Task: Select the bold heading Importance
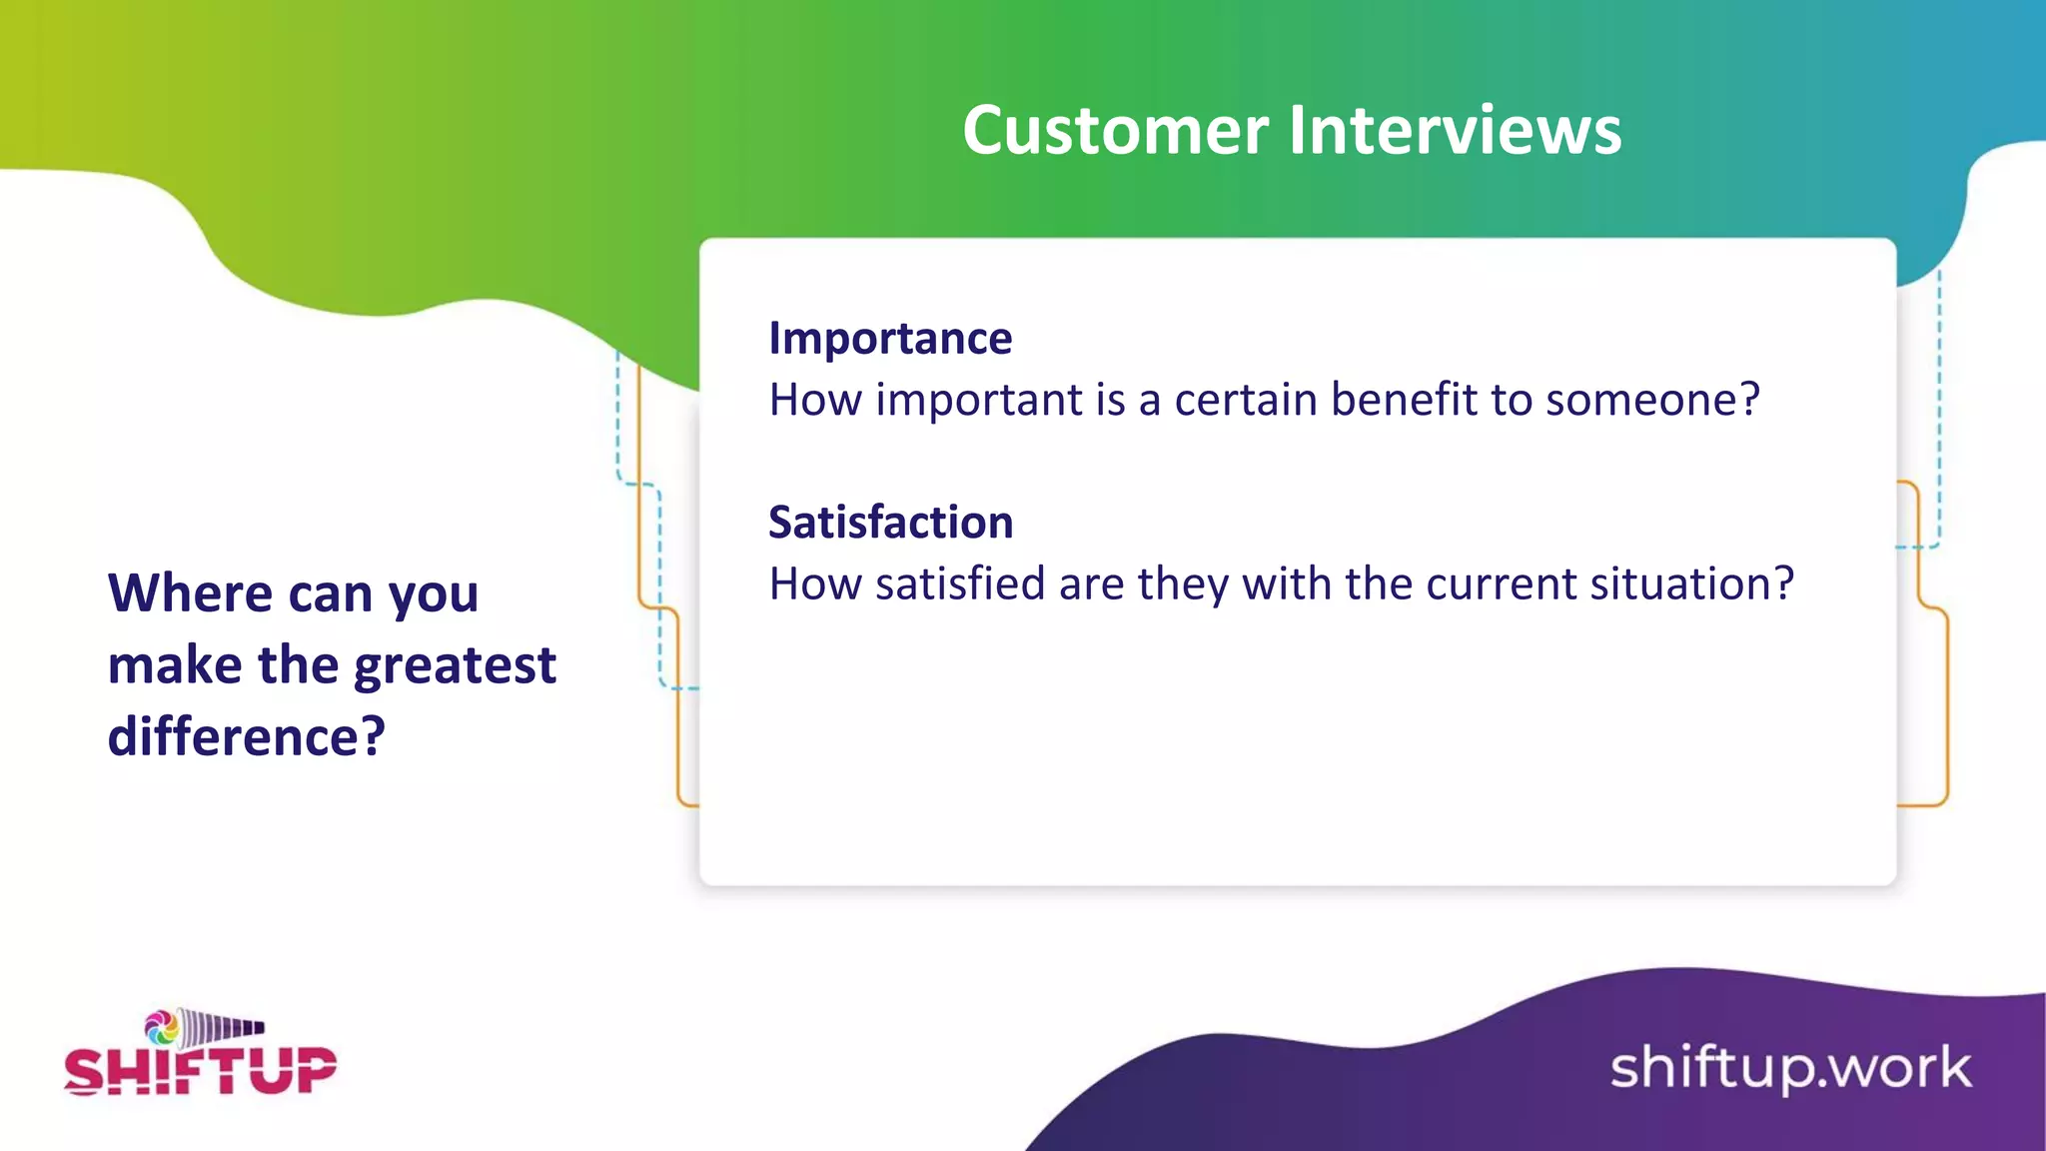coord(890,339)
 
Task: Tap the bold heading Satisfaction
coord(890,523)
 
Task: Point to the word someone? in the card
coord(1652,400)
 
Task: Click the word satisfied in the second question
coord(960,583)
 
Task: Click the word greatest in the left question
coord(455,666)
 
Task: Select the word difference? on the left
coord(246,737)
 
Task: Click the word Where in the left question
coord(190,593)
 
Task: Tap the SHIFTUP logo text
coord(201,1071)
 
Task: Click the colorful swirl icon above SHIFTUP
coord(161,1026)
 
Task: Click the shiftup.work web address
coord(1790,1068)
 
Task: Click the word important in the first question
coord(979,400)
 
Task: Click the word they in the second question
coord(1182,583)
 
